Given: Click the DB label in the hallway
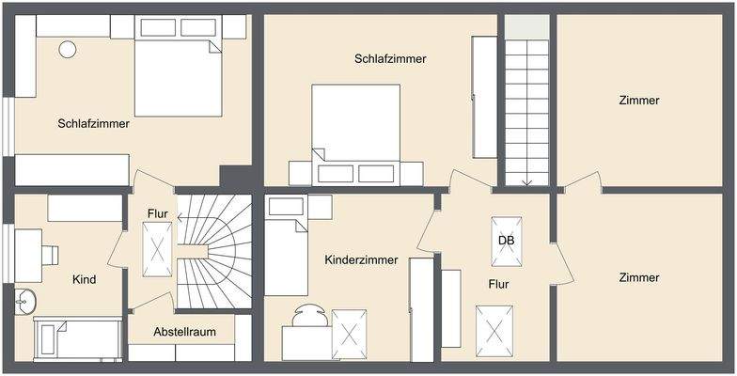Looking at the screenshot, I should pyautogui.click(x=506, y=240).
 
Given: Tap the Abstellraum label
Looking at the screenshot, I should pyautogui.click(x=185, y=332).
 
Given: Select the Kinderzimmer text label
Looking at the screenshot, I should pyautogui.click(x=361, y=259).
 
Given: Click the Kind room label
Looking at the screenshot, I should pyautogui.click(x=85, y=279).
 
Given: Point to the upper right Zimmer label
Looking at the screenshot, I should pyautogui.click(x=639, y=100).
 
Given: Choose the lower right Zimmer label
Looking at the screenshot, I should pyautogui.click(x=639, y=277).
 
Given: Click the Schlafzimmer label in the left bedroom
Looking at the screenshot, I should pyautogui.click(x=93, y=123).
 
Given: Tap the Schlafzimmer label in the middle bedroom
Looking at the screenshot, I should pyautogui.click(x=390, y=58).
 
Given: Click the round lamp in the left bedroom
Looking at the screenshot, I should pyautogui.click(x=68, y=49).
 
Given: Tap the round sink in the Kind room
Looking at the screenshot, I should pyautogui.click(x=25, y=302).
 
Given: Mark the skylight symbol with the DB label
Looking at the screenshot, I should pyautogui.click(x=507, y=242).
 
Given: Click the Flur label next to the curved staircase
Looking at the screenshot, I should pyautogui.click(x=157, y=214).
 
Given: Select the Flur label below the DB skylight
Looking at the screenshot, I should pyautogui.click(x=498, y=284).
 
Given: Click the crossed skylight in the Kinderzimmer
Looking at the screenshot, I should pyautogui.click(x=349, y=334).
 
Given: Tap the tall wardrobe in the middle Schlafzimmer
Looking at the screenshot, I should pyautogui.click(x=484, y=96).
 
